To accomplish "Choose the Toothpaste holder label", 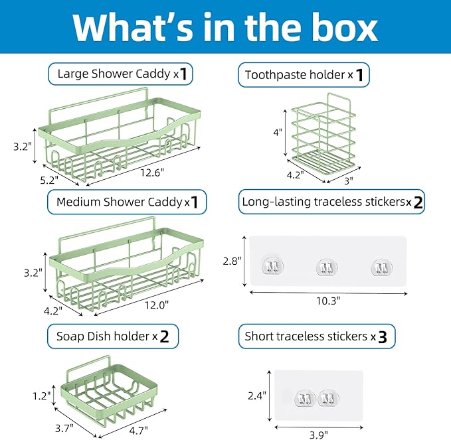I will [x=304, y=75].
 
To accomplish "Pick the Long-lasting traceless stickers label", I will [x=331, y=202].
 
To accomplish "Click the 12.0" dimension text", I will [x=157, y=305].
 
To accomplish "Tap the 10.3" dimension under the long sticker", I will [x=328, y=300].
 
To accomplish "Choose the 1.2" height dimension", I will [x=41, y=396].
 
